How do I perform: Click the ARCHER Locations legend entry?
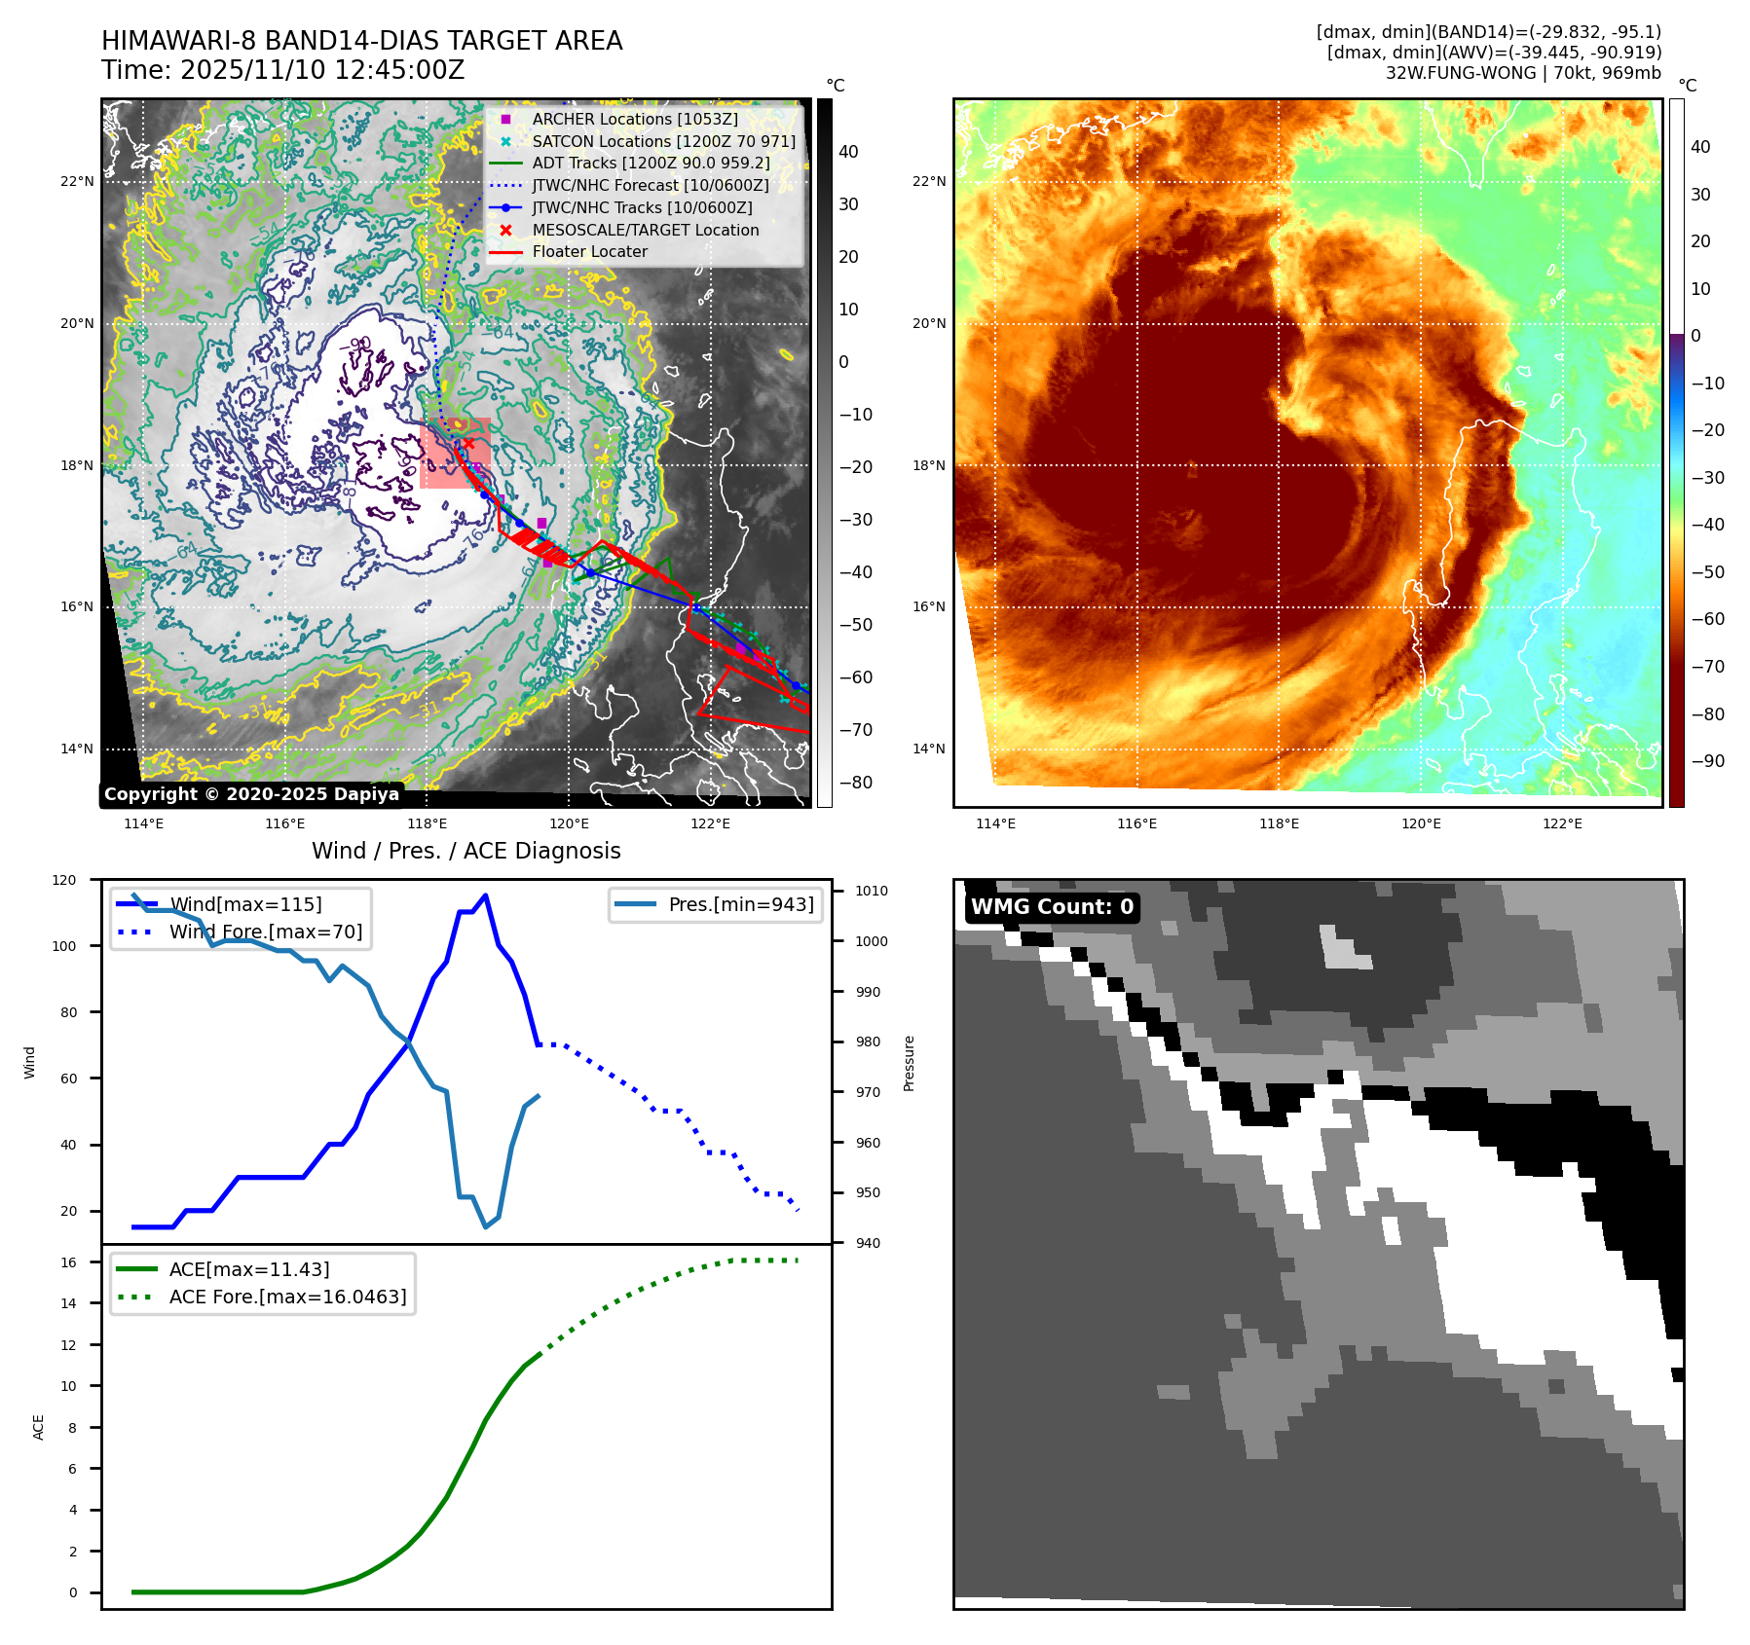pyautogui.click(x=634, y=119)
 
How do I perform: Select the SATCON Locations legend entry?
pyautogui.click(x=662, y=141)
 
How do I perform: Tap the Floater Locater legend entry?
pyautogui.click(x=589, y=251)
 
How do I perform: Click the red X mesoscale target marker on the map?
pyautogui.click(x=468, y=444)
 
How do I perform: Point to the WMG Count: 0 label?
pyautogui.click(x=1052, y=907)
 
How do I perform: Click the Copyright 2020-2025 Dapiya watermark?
pyautogui.click(x=251, y=794)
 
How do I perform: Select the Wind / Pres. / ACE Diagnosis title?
pyautogui.click(x=465, y=851)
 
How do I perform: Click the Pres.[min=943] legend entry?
pyautogui.click(x=740, y=904)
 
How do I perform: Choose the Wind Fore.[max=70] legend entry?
pyautogui.click(x=265, y=932)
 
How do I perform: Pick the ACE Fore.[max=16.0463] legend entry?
pyautogui.click(x=287, y=1297)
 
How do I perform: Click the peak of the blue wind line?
pyautogui.click(x=485, y=896)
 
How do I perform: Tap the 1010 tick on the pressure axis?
pyautogui.click(x=871, y=891)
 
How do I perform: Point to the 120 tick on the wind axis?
pyautogui.click(x=64, y=880)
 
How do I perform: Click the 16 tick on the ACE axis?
pyautogui.click(x=68, y=1262)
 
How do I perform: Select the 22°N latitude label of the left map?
pyautogui.click(x=78, y=181)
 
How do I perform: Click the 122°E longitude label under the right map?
pyautogui.click(x=1562, y=823)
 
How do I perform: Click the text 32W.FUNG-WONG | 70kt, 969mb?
pyautogui.click(x=1522, y=73)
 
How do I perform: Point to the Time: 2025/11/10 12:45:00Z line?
pyautogui.click(x=282, y=70)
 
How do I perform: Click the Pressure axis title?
pyautogui.click(x=909, y=1063)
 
